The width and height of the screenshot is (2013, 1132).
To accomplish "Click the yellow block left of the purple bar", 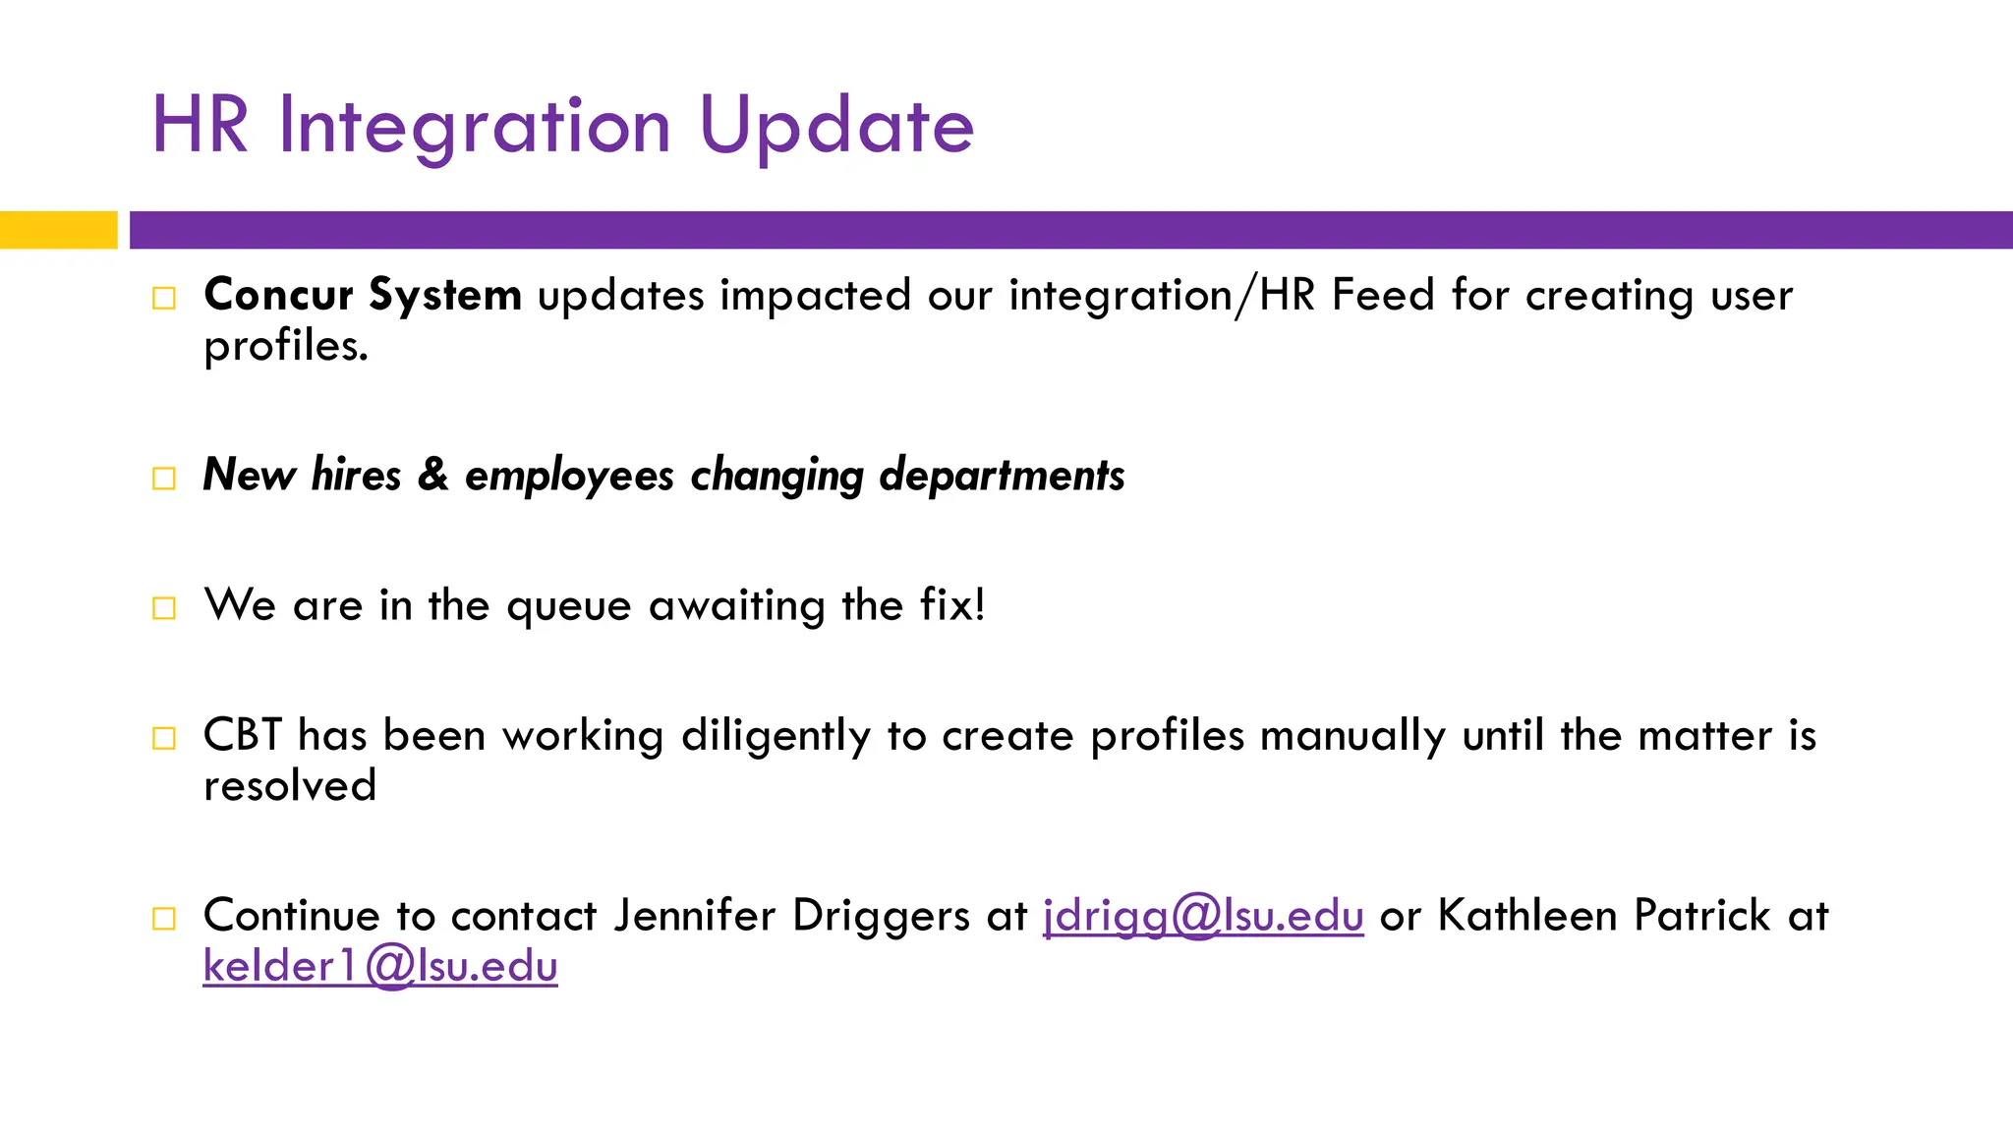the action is pos(59,230).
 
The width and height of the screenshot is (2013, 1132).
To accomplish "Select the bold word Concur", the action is pos(278,295).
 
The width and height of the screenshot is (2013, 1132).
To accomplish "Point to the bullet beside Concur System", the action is pos(164,298).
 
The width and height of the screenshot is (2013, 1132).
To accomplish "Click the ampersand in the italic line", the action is pos(433,475).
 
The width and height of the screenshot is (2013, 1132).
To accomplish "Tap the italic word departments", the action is pos(1002,477).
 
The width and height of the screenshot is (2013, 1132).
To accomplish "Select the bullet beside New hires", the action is pos(164,479).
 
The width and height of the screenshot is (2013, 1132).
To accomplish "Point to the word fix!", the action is pos(952,604).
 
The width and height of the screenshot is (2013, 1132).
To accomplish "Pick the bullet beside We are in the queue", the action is pos(164,608).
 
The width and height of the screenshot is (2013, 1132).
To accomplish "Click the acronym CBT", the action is pos(242,735).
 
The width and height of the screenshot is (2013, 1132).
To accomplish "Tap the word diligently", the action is pos(776,737).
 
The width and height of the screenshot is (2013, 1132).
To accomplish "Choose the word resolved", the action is pos(290,786).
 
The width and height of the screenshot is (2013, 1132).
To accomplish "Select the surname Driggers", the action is pos(882,917).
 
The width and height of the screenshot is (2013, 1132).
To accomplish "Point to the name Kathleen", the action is pos(1527,915).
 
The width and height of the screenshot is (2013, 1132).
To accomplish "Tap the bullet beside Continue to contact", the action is pos(164,919).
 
